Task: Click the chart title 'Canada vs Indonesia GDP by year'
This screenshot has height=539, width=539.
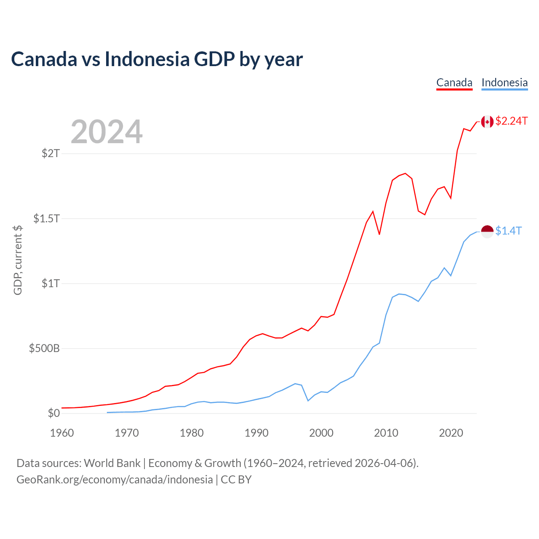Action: click(x=157, y=59)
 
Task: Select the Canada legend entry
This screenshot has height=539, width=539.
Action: click(x=454, y=83)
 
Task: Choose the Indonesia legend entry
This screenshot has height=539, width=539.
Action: click(x=504, y=83)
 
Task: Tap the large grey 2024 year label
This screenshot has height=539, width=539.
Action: click(x=107, y=132)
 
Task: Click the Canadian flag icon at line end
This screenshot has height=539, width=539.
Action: click(x=487, y=122)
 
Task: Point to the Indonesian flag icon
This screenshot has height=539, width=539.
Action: click(x=487, y=231)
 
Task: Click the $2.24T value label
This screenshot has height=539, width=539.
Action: click(x=512, y=121)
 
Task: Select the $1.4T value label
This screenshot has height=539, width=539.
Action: click(x=509, y=231)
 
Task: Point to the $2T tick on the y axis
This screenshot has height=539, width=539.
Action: click(x=51, y=153)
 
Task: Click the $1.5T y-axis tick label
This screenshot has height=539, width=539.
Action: click(x=47, y=219)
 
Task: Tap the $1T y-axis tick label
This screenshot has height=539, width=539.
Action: click(x=51, y=283)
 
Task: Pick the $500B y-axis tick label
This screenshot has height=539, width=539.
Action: click(x=45, y=349)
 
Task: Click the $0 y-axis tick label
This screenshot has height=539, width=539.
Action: click(x=54, y=414)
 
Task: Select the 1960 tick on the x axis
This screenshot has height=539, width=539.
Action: click(x=62, y=433)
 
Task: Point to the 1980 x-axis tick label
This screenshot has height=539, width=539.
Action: click(x=192, y=433)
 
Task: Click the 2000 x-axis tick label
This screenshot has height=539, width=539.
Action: click(x=321, y=433)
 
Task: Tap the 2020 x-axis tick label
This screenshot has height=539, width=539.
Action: click(x=451, y=433)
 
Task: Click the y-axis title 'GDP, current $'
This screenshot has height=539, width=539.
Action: click(x=18, y=260)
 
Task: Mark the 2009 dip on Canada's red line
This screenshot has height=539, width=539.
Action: click(x=379, y=234)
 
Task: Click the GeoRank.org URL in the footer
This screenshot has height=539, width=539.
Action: click(x=115, y=480)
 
